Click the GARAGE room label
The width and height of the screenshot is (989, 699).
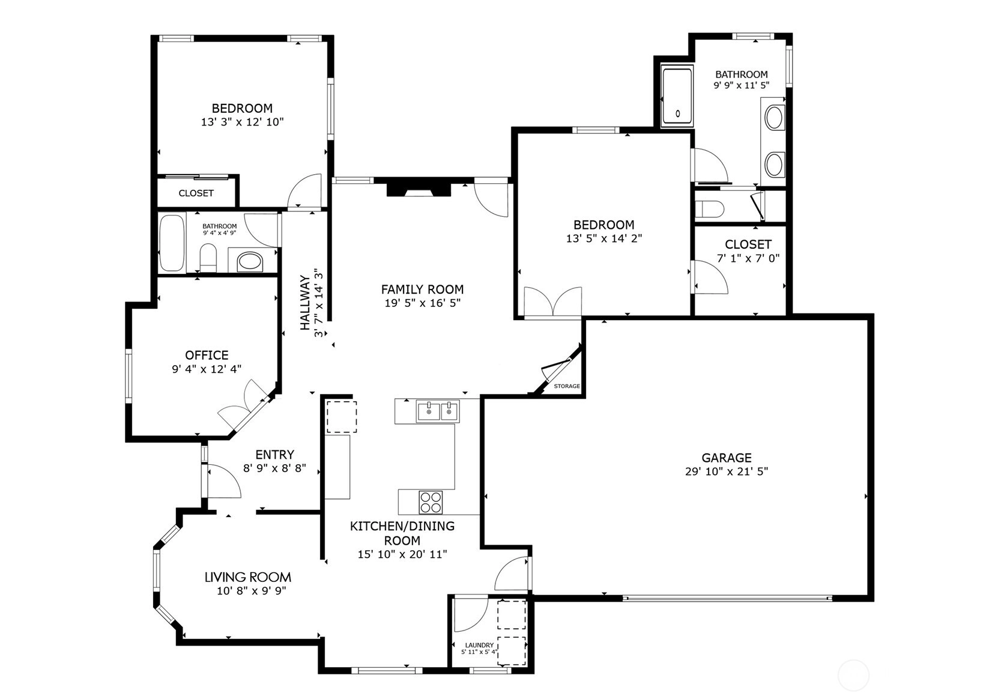tap(727, 458)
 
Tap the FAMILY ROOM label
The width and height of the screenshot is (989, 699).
tap(422, 289)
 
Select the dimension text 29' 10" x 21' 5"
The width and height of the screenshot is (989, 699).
tap(727, 471)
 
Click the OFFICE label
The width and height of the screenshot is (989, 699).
tap(207, 355)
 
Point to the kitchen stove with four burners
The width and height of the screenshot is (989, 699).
tap(431, 502)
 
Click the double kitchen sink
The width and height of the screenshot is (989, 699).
tap(438, 411)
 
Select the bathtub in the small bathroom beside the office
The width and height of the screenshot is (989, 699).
tap(172, 243)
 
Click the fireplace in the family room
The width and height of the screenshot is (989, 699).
tap(419, 188)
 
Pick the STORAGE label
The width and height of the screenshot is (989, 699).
tap(567, 386)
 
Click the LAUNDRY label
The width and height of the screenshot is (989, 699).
tap(479, 645)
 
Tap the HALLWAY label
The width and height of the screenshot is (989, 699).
tap(304, 303)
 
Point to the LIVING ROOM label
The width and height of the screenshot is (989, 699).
tap(247, 577)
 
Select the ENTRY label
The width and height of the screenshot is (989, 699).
tap(274, 455)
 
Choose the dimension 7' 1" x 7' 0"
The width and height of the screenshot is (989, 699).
tap(748, 258)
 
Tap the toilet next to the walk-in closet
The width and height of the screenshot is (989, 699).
tap(709, 209)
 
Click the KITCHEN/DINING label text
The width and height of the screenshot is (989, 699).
tap(402, 526)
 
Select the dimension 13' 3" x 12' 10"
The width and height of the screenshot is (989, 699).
tap(243, 123)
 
